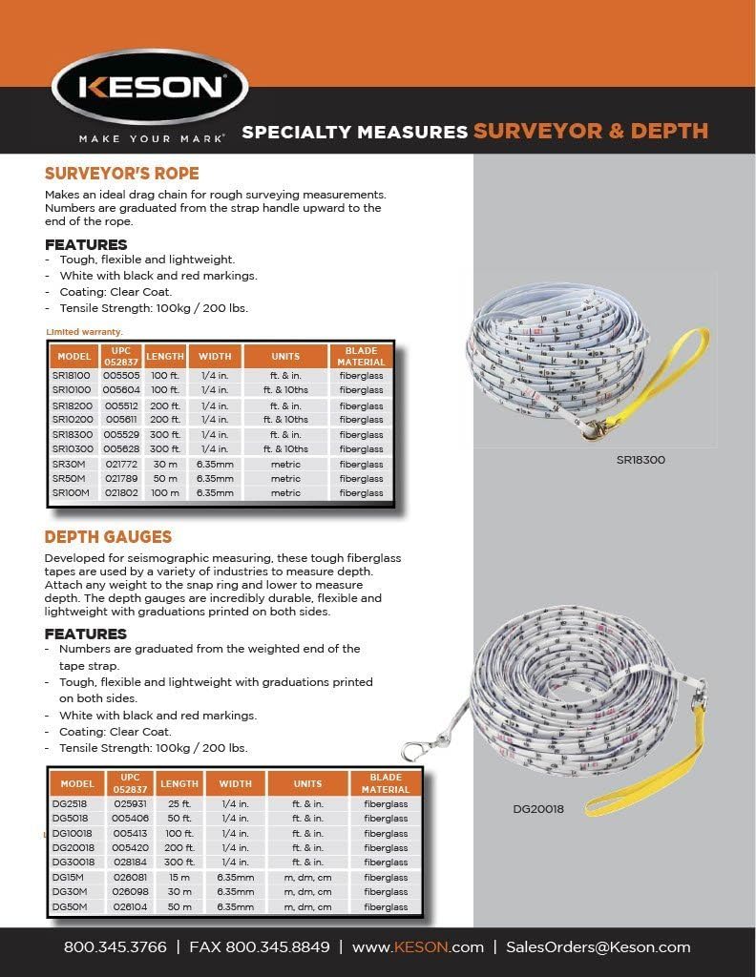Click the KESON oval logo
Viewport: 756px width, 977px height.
click(151, 87)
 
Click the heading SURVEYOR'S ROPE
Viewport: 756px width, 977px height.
click(121, 174)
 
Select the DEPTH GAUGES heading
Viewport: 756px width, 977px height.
click(108, 536)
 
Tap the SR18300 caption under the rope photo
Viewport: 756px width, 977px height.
click(640, 460)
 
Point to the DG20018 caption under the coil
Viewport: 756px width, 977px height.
click(538, 809)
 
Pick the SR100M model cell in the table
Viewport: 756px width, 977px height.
click(72, 493)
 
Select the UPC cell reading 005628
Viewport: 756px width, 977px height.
click(121, 449)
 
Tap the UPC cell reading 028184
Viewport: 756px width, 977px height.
click(130, 863)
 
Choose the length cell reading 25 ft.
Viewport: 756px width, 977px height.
click(178, 804)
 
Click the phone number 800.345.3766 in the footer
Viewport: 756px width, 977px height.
click(115, 947)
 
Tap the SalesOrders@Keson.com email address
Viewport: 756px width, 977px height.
click(598, 947)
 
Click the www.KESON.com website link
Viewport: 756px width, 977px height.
click(418, 947)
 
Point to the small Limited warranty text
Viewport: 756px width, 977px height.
click(84, 331)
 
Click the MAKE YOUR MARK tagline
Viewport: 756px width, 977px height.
click(151, 139)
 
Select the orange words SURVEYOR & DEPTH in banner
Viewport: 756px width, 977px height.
click(591, 132)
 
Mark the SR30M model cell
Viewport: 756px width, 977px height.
click(70, 465)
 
